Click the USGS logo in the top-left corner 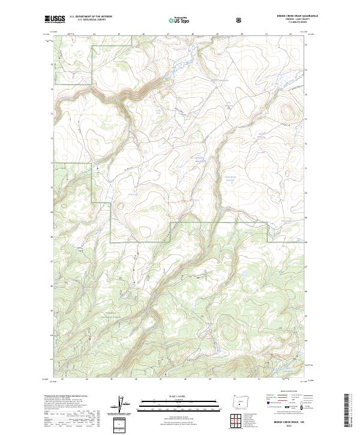point(55,19)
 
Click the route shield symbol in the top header point(240,20)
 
